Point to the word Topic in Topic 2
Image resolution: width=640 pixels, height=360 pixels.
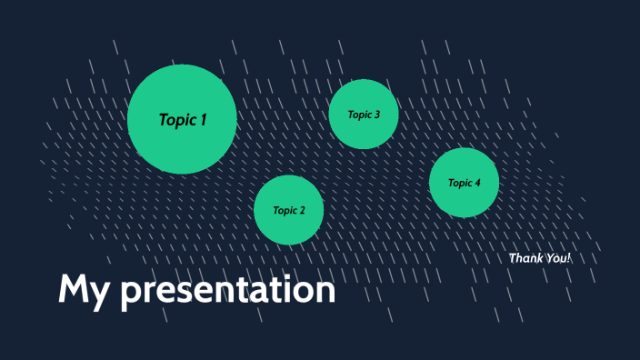click(x=285, y=210)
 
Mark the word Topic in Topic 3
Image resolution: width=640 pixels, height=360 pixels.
click(x=359, y=115)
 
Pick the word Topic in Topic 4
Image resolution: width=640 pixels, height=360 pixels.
click(x=460, y=183)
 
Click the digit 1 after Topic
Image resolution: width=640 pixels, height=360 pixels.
click(x=204, y=119)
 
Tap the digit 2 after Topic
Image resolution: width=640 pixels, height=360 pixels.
click(x=302, y=210)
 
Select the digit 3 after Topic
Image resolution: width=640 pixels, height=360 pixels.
click(x=376, y=115)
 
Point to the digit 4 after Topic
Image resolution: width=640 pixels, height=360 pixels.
click(x=477, y=183)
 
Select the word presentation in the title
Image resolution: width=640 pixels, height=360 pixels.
click(x=228, y=291)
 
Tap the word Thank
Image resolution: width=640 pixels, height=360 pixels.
click(x=525, y=258)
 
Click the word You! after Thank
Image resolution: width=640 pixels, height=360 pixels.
click(x=557, y=258)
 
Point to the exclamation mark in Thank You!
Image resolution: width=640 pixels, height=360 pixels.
click(x=569, y=258)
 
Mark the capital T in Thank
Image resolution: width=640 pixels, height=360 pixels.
click(x=512, y=258)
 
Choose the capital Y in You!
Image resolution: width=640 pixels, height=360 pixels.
click(x=548, y=258)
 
